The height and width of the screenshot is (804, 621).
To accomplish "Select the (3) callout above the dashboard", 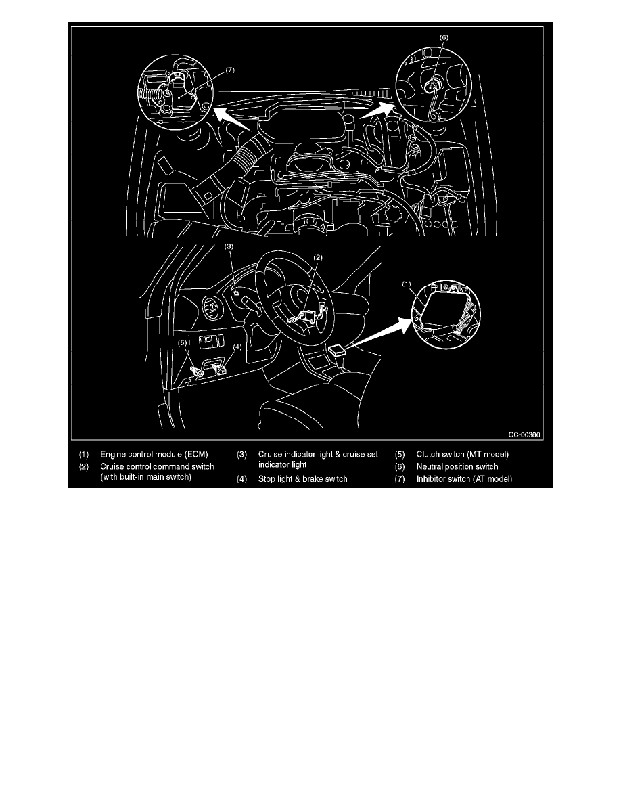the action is pyautogui.click(x=229, y=247).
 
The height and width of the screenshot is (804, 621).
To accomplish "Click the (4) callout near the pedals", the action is pyautogui.click(x=237, y=347).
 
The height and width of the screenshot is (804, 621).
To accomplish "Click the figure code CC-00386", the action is pyautogui.click(x=528, y=434).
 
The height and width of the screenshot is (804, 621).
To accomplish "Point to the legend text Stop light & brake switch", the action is pyautogui.click(x=302, y=479).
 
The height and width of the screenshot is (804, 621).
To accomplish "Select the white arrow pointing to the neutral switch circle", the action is pyautogui.click(x=376, y=112).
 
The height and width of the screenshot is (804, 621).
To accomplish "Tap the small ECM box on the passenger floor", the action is pyautogui.click(x=336, y=351).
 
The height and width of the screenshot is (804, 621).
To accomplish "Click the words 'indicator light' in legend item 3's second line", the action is pyautogui.click(x=283, y=465).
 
